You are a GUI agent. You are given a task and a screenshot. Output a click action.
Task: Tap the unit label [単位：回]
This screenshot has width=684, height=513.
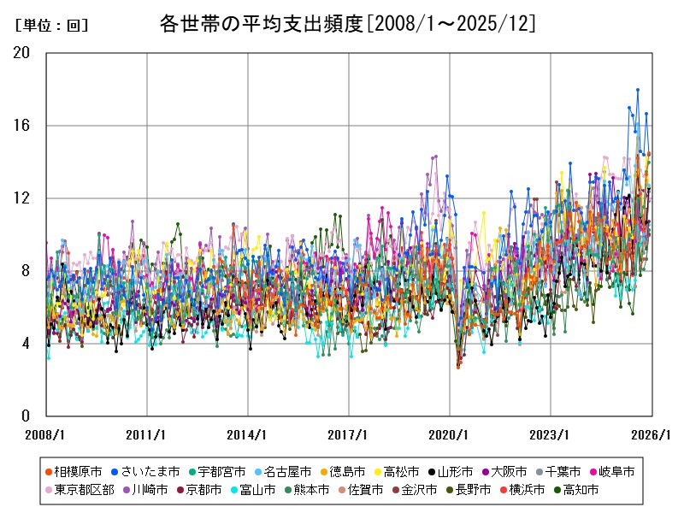(51, 26)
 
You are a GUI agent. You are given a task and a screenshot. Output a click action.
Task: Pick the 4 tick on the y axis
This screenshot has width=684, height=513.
(26, 344)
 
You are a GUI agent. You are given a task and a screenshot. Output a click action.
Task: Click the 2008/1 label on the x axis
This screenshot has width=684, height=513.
(46, 434)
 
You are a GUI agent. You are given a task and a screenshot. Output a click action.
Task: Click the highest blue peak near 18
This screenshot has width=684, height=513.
(637, 90)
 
